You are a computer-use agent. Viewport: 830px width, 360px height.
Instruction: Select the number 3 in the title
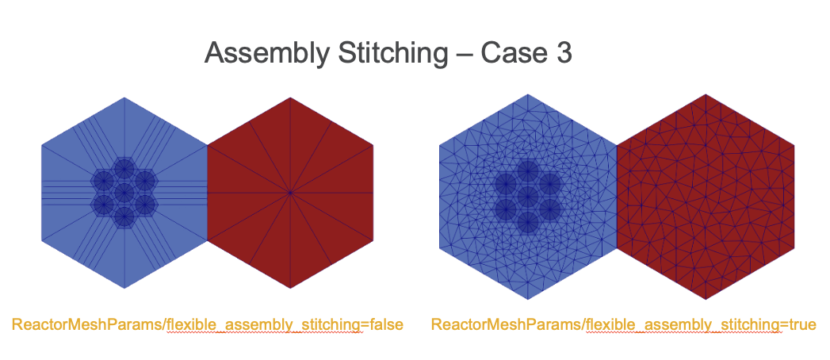[x=563, y=53]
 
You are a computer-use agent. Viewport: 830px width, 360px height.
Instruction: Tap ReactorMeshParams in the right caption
[x=505, y=324]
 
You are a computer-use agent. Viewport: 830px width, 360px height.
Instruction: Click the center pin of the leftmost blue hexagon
[x=124, y=193]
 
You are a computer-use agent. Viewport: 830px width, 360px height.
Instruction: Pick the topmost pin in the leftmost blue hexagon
[x=124, y=168]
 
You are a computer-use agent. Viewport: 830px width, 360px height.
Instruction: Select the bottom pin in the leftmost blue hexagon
[x=124, y=217]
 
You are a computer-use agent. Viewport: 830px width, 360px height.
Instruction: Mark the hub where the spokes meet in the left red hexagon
[x=290, y=193]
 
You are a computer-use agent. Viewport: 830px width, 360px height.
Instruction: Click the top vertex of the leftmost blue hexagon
[x=124, y=98]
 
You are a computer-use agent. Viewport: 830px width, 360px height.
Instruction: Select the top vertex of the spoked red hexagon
[x=290, y=98]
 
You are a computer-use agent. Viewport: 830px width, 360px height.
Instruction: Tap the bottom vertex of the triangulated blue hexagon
[x=527, y=299]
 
